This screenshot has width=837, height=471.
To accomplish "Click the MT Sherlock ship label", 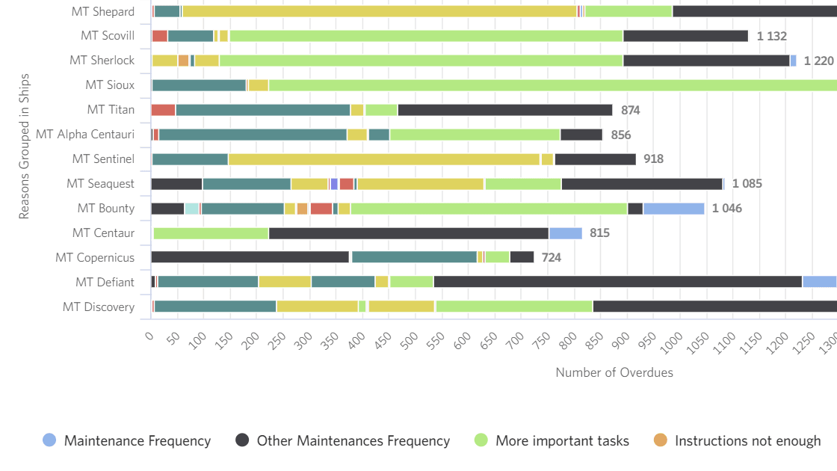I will (x=102, y=61).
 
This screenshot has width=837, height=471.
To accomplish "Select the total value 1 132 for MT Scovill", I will (x=771, y=36).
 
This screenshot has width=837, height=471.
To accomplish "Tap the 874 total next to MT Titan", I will (x=631, y=110).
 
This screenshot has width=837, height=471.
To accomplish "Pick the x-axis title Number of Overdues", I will (x=614, y=372).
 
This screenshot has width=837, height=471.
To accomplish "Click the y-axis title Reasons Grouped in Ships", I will (x=24, y=147).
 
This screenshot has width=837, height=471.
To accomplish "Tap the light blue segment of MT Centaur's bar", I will (x=566, y=233).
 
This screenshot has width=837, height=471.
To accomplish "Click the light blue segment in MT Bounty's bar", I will (x=673, y=209).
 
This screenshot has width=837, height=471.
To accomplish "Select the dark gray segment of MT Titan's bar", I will (x=505, y=110).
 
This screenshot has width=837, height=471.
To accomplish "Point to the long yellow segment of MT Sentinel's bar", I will (x=384, y=159).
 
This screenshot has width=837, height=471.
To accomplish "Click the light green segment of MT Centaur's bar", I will (x=211, y=233).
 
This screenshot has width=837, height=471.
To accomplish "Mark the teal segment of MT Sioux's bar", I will (x=199, y=85).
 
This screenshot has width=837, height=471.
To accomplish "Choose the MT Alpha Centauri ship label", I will (x=85, y=135).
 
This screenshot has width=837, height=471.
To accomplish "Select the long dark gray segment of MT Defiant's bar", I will (x=618, y=282).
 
